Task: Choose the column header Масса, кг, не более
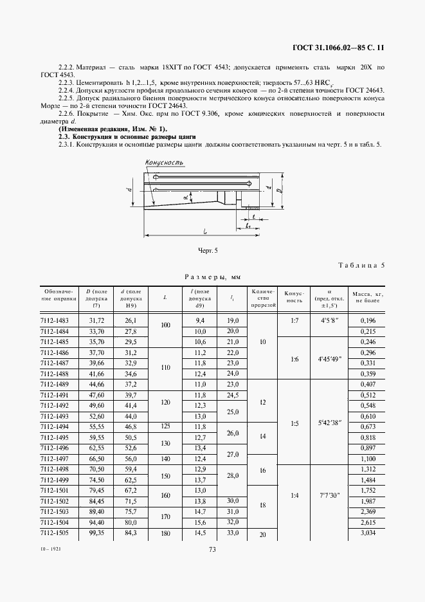point(366,296)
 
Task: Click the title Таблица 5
point(361,265)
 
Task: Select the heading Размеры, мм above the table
point(212,277)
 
